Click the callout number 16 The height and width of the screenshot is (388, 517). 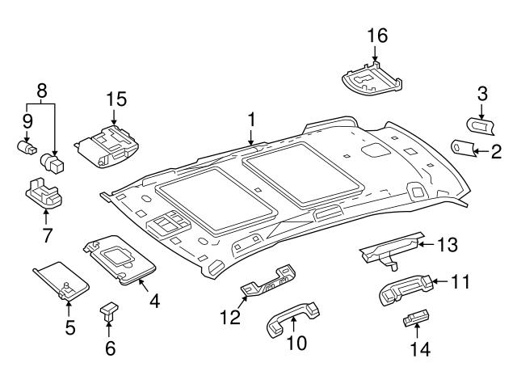point(377,36)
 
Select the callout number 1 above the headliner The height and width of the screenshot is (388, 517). point(252,120)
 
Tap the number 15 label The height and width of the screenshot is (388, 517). point(117,99)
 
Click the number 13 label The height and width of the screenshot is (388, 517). point(447,243)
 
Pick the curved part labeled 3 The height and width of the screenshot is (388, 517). point(481,124)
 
